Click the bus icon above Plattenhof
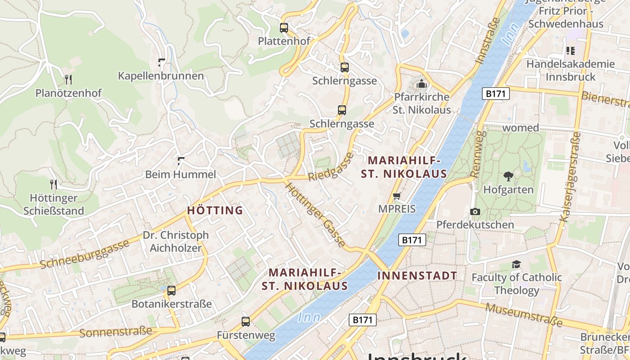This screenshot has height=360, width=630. pos(284,28)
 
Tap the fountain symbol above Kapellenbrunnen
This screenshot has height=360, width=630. pos(161,63)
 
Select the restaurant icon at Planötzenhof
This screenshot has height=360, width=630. pos(68,80)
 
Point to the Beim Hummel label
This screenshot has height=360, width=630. pos(180,174)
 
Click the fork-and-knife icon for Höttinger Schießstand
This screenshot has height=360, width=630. pos(54,184)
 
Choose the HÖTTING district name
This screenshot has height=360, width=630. pos(215,210)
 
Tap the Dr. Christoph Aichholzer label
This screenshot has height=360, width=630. pos(175,241)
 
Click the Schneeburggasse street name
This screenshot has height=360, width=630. pos(85,255)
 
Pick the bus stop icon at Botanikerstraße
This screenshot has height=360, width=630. pos(171,291)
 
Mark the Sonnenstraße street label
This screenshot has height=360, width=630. pos(116,332)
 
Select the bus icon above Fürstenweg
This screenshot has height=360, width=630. pos(246,322)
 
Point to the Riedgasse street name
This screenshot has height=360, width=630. pos(331,167)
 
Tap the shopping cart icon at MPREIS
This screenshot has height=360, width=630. pos(397,196)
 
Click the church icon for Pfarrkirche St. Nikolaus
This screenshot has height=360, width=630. pos(422,84)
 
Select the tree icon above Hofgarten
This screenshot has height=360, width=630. pos(508,176)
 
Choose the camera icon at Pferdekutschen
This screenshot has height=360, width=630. pos(475,211)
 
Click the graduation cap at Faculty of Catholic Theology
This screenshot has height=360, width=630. pos(516,264)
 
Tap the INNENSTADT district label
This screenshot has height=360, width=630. pos(417,276)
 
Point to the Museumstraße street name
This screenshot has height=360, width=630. pos(524,315)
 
